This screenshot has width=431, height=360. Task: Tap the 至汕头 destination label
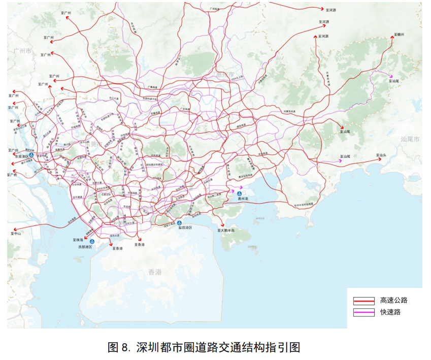click(x=381, y=155)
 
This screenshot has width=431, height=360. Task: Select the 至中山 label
click(x=16, y=234)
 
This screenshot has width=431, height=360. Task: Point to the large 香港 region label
click(x=155, y=272)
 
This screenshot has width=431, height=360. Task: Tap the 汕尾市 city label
click(x=410, y=139)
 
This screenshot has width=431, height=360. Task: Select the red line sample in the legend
click(x=364, y=301)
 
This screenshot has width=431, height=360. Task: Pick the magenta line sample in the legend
click(x=364, y=312)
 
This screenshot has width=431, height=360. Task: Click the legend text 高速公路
click(x=393, y=300)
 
